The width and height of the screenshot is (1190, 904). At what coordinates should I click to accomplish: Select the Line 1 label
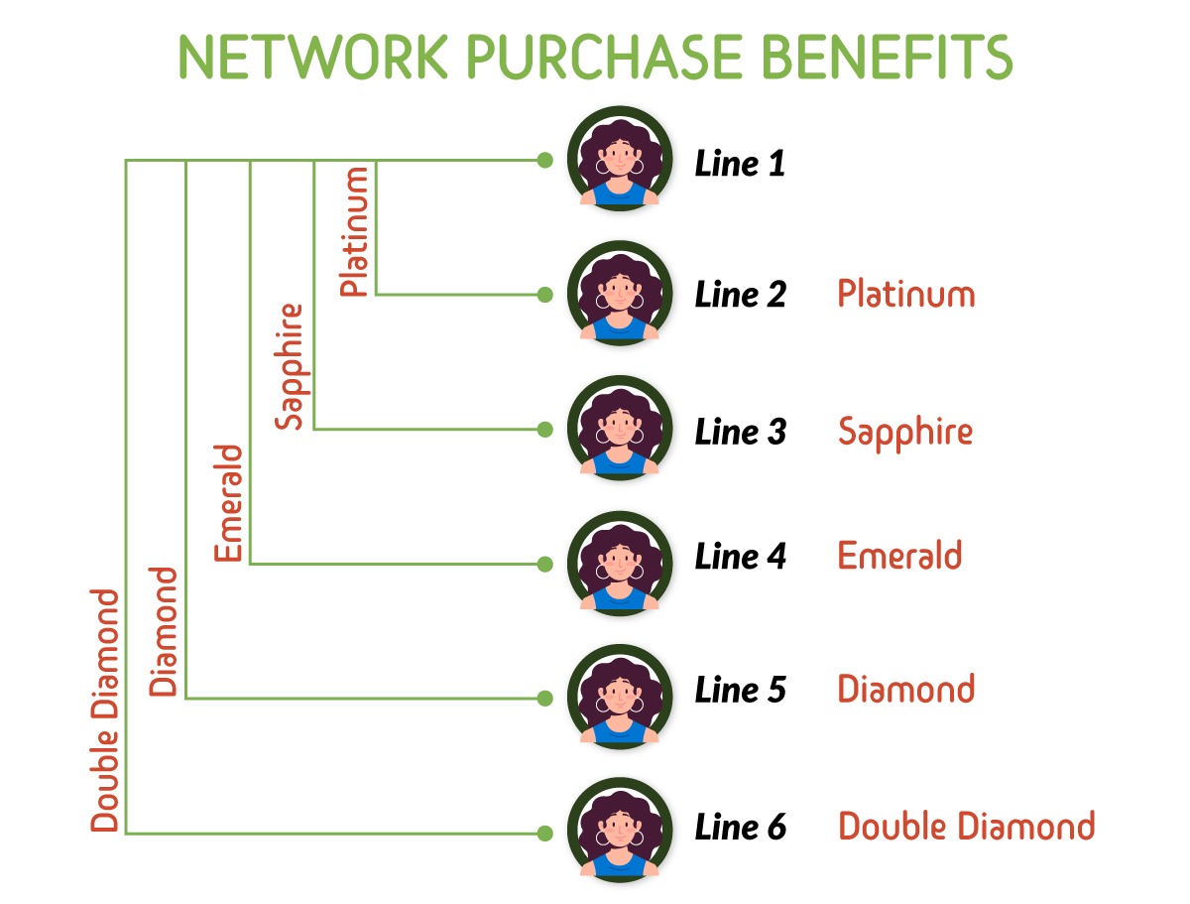click(x=740, y=164)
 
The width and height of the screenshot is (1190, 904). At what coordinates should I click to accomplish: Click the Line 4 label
click(x=740, y=557)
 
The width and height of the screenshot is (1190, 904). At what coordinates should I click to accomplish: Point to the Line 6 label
click(x=740, y=827)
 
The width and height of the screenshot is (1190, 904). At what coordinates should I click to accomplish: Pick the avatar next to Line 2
click(x=620, y=294)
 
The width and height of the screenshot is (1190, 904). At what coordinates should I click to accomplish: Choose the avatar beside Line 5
click(x=620, y=698)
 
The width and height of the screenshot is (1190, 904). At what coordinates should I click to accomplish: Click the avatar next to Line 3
click(x=620, y=429)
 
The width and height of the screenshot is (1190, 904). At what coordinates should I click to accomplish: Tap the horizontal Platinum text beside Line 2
click(x=905, y=295)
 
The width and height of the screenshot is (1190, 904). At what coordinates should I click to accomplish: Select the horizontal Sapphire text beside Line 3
click(x=904, y=433)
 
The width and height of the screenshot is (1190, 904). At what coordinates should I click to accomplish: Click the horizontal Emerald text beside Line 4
click(x=899, y=555)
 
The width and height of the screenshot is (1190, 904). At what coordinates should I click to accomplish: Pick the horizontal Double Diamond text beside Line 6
click(x=966, y=827)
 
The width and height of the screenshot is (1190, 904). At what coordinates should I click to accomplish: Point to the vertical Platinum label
click(x=354, y=232)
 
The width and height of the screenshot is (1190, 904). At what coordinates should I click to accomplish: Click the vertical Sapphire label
click(x=290, y=366)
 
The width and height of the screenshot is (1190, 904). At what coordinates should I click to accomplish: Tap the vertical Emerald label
click(x=228, y=503)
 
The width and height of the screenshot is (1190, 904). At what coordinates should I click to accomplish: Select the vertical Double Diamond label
click(x=105, y=710)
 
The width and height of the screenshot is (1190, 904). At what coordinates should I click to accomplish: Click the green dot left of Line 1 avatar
click(x=543, y=160)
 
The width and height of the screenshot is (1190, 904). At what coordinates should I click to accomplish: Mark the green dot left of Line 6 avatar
click(x=543, y=834)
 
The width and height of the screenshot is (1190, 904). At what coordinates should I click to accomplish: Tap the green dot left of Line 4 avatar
click(x=543, y=564)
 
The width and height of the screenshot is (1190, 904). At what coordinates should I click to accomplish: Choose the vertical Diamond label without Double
click(x=165, y=631)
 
